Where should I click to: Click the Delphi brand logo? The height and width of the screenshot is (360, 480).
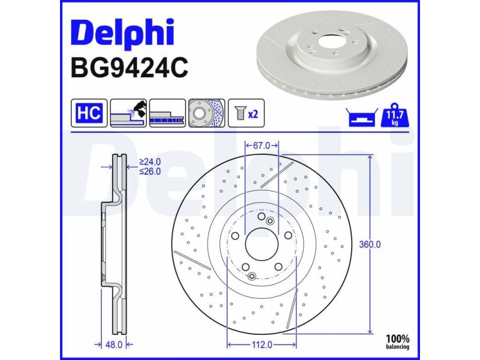tap(122, 34)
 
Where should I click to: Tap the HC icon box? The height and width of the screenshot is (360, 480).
tap(89, 112)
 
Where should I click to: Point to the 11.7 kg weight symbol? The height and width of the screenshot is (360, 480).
tap(395, 113)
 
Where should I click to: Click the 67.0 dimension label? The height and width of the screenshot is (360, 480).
tap(262, 145)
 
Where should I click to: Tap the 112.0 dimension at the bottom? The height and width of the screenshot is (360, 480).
tap(262, 344)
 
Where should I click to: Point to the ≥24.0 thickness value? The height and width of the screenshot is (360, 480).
tap(151, 161)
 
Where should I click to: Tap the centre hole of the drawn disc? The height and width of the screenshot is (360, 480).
tap(262, 245)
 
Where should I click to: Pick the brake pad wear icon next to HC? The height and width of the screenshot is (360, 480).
tap(128, 113)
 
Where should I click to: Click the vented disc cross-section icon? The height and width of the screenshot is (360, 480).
tap(167, 113)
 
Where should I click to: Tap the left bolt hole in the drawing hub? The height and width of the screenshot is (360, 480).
tap(235, 236)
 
